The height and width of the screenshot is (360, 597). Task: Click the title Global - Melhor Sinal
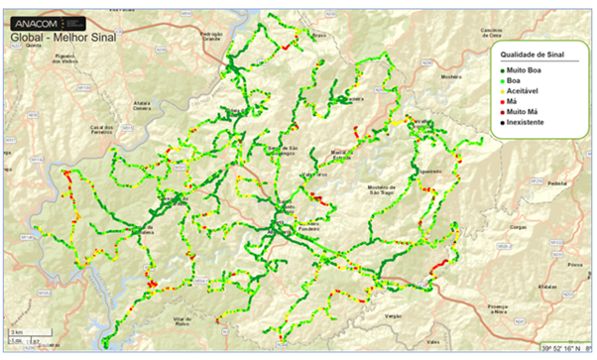pos(60,38)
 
